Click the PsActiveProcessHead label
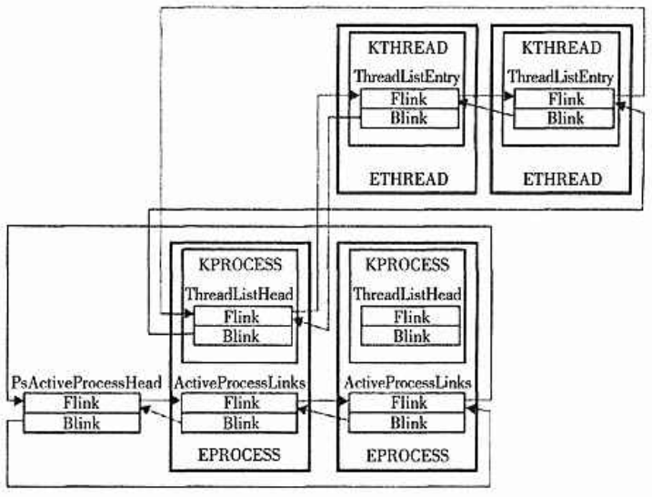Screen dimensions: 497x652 tap(86, 383)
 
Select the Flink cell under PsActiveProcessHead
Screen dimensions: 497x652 tap(82, 403)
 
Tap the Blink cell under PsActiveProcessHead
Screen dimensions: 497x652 tap(82, 422)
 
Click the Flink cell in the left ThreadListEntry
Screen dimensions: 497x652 tap(408, 99)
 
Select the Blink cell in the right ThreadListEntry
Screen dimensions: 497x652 tap(564, 117)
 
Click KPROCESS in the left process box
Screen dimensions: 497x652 tap(241, 265)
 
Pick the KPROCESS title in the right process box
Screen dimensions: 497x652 tap(407, 265)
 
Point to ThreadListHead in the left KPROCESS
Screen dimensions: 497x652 tap(241, 294)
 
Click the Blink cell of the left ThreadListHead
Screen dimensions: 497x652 tap(241, 336)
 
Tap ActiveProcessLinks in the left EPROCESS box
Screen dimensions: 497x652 tap(241, 383)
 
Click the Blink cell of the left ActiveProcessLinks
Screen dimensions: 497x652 tap(241, 422)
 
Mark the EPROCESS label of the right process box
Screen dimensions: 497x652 tap(407, 454)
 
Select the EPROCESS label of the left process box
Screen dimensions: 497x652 tap(241, 454)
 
